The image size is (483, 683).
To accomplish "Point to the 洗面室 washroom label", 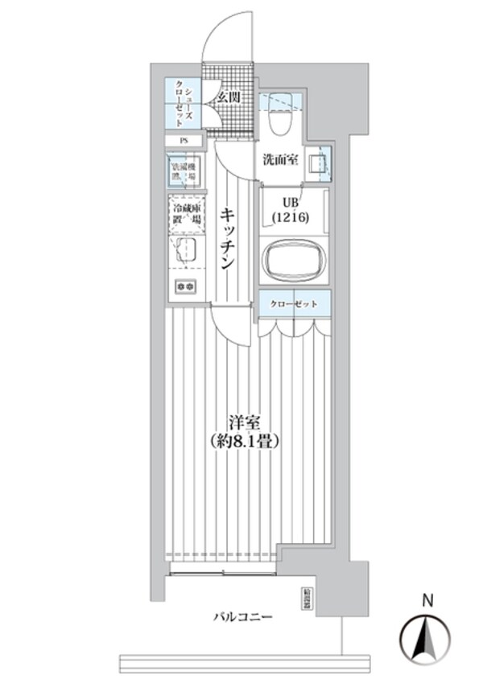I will pyautogui.click(x=280, y=159).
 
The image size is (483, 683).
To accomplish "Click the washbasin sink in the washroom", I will pyautogui.click(x=320, y=160).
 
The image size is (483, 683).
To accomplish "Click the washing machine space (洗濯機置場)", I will pyautogui.click(x=184, y=171).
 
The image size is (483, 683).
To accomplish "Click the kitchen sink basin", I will pyautogui.click(x=185, y=249).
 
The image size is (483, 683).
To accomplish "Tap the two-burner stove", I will pyautogui.click(x=185, y=286).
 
